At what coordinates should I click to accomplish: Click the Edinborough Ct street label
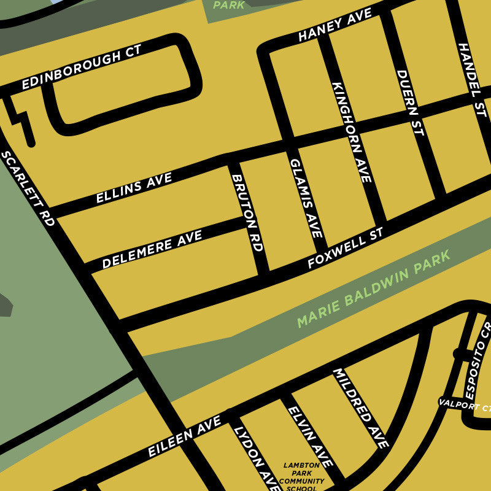tap(81, 67)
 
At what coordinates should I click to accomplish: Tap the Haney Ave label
tap(334, 25)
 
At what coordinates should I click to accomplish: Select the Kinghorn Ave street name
tap(352, 131)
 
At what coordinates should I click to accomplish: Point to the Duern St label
tap(410, 103)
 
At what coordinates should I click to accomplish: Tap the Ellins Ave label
tap(134, 188)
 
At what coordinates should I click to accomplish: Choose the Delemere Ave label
tap(152, 249)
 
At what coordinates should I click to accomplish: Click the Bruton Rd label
tap(247, 212)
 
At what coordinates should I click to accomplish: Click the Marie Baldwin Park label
tap(373, 288)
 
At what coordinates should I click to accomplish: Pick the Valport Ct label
tap(465, 406)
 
